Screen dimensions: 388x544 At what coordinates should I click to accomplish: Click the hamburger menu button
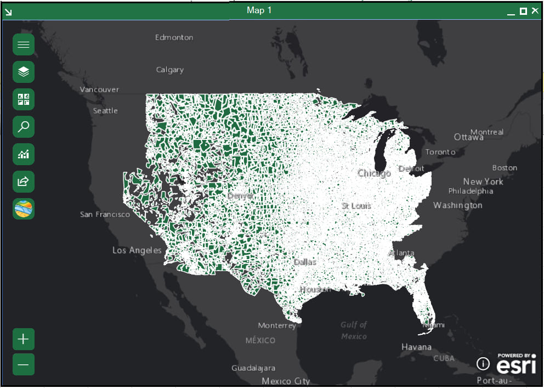(x=24, y=44)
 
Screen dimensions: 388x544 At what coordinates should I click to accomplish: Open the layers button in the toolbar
(x=24, y=72)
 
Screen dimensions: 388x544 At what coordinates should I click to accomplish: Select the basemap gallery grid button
(x=24, y=99)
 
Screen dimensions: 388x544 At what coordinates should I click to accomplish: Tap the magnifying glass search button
(x=24, y=127)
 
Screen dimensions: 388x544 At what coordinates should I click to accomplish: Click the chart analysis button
(x=24, y=154)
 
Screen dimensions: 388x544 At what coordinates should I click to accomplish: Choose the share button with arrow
(x=24, y=181)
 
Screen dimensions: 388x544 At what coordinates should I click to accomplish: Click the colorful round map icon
(x=24, y=209)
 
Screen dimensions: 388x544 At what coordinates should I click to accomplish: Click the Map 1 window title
(x=259, y=10)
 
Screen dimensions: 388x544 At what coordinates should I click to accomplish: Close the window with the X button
(x=535, y=11)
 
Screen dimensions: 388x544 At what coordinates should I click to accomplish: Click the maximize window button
(x=523, y=11)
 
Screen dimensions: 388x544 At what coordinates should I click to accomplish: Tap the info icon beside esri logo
(x=483, y=363)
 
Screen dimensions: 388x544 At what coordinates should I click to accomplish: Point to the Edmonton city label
(x=174, y=37)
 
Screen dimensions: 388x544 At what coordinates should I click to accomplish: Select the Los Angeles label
(x=137, y=250)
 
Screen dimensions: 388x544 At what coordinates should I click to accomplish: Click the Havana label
(x=416, y=347)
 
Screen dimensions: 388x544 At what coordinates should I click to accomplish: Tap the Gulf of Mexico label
(x=354, y=330)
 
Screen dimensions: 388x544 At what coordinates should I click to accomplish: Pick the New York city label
(x=483, y=182)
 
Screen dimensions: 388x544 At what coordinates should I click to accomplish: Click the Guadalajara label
(x=253, y=368)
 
